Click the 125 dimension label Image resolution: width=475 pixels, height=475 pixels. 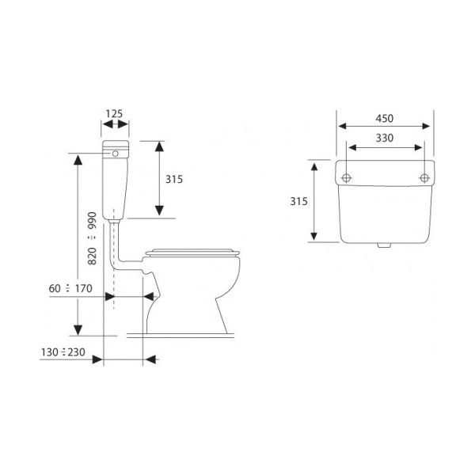(114, 114)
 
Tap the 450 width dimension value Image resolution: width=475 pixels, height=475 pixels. (385, 119)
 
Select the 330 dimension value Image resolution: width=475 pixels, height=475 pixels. (385, 138)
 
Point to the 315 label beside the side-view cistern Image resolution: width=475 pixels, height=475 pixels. (174, 180)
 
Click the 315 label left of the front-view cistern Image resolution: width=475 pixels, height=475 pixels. (298, 201)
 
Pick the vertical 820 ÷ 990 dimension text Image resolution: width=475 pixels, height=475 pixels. (92, 238)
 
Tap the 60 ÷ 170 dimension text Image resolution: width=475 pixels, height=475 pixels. (70, 288)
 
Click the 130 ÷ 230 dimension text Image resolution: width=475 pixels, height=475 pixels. (63, 352)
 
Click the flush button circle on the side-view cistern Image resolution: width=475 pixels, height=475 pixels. (115, 154)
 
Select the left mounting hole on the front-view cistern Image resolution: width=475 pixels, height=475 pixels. (346, 178)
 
